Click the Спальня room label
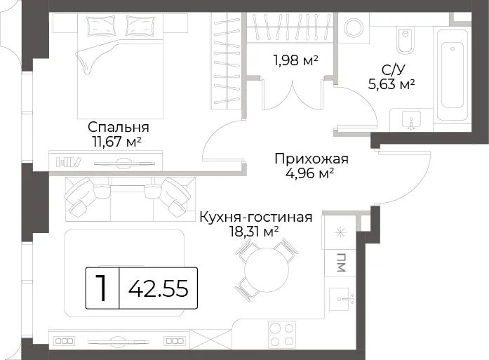[118, 128]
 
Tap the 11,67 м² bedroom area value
[116, 142]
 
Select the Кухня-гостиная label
[256, 217]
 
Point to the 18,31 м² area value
[254, 231]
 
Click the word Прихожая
[312, 159]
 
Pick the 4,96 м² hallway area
[310, 173]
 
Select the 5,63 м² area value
[391, 84]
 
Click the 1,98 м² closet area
[295, 60]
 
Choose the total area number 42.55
[159, 288]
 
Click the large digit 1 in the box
[102, 288]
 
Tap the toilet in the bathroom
[405, 41]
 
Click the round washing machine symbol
[354, 27]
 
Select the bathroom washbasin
[412, 119]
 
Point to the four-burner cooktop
[282, 334]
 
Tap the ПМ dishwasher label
[340, 262]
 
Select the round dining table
[267, 270]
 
